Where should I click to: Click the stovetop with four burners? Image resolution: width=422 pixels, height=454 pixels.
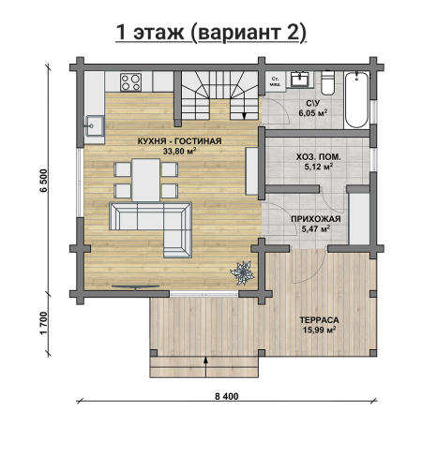(x=131, y=82)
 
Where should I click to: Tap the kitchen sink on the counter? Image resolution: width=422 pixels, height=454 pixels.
(x=95, y=125)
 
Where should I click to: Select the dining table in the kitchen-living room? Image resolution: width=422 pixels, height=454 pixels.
(x=146, y=180)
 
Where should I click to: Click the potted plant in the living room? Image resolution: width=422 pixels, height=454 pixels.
(x=242, y=273)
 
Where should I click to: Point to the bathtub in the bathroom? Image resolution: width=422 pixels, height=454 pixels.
(x=356, y=100)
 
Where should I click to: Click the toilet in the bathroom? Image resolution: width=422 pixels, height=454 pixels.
(x=328, y=82)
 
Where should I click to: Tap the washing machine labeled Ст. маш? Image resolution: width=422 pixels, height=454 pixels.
(x=276, y=81)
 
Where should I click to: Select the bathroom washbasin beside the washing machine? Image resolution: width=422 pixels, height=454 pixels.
(x=300, y=79)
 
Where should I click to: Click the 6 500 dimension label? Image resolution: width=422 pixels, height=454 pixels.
(x=44, y=181)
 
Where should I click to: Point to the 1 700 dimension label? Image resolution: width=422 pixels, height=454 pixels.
(x=44, y=323)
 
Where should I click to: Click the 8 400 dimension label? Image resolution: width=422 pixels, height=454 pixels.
(x=227, y=396)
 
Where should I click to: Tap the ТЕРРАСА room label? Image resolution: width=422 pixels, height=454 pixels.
(x=319, y=320)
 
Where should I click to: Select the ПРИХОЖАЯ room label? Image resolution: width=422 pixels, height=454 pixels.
(x=316, y=219)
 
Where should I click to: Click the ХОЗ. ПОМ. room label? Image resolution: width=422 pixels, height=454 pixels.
(x=318, y=157)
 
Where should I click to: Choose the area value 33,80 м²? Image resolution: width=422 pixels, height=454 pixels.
(x=179, y=151)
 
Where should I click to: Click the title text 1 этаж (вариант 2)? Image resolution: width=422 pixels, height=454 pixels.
(x=211, y=33)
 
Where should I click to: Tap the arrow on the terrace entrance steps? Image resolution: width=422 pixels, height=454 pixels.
(x=205, y=367)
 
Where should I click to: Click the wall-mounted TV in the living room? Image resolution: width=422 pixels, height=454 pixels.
(x=136, y=286)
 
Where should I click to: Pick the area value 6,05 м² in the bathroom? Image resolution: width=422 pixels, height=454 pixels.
(x=312, y=112)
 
